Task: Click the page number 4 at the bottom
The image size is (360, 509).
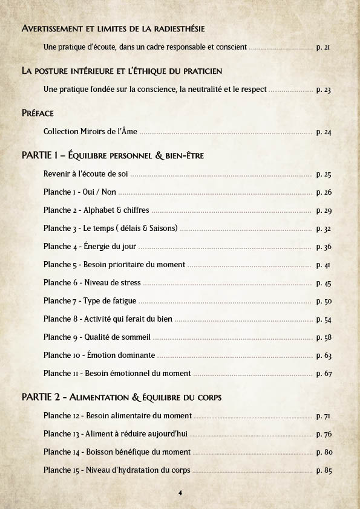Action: [180, 493]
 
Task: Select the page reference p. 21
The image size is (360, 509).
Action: [324, 47]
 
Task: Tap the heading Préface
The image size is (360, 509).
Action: [38, 113]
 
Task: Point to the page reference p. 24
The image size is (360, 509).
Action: [324, 132]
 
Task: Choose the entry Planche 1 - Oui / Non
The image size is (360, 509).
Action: [80, 192]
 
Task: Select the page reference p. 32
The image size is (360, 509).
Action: [324, 229]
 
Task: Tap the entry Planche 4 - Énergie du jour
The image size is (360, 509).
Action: [90, 247]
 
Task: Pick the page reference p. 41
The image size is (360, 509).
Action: [324, 265]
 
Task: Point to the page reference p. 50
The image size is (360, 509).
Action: [324, 301]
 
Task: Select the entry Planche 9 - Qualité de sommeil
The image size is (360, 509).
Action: [97, 337]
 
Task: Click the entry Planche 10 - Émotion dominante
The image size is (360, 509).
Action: [99, 355]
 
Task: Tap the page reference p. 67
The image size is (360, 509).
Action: [324, 374]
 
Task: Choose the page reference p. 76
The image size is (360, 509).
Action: [324, 434]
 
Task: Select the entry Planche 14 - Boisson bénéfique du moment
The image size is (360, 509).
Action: [117, 452]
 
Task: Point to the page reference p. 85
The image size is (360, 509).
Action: [324, 470]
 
